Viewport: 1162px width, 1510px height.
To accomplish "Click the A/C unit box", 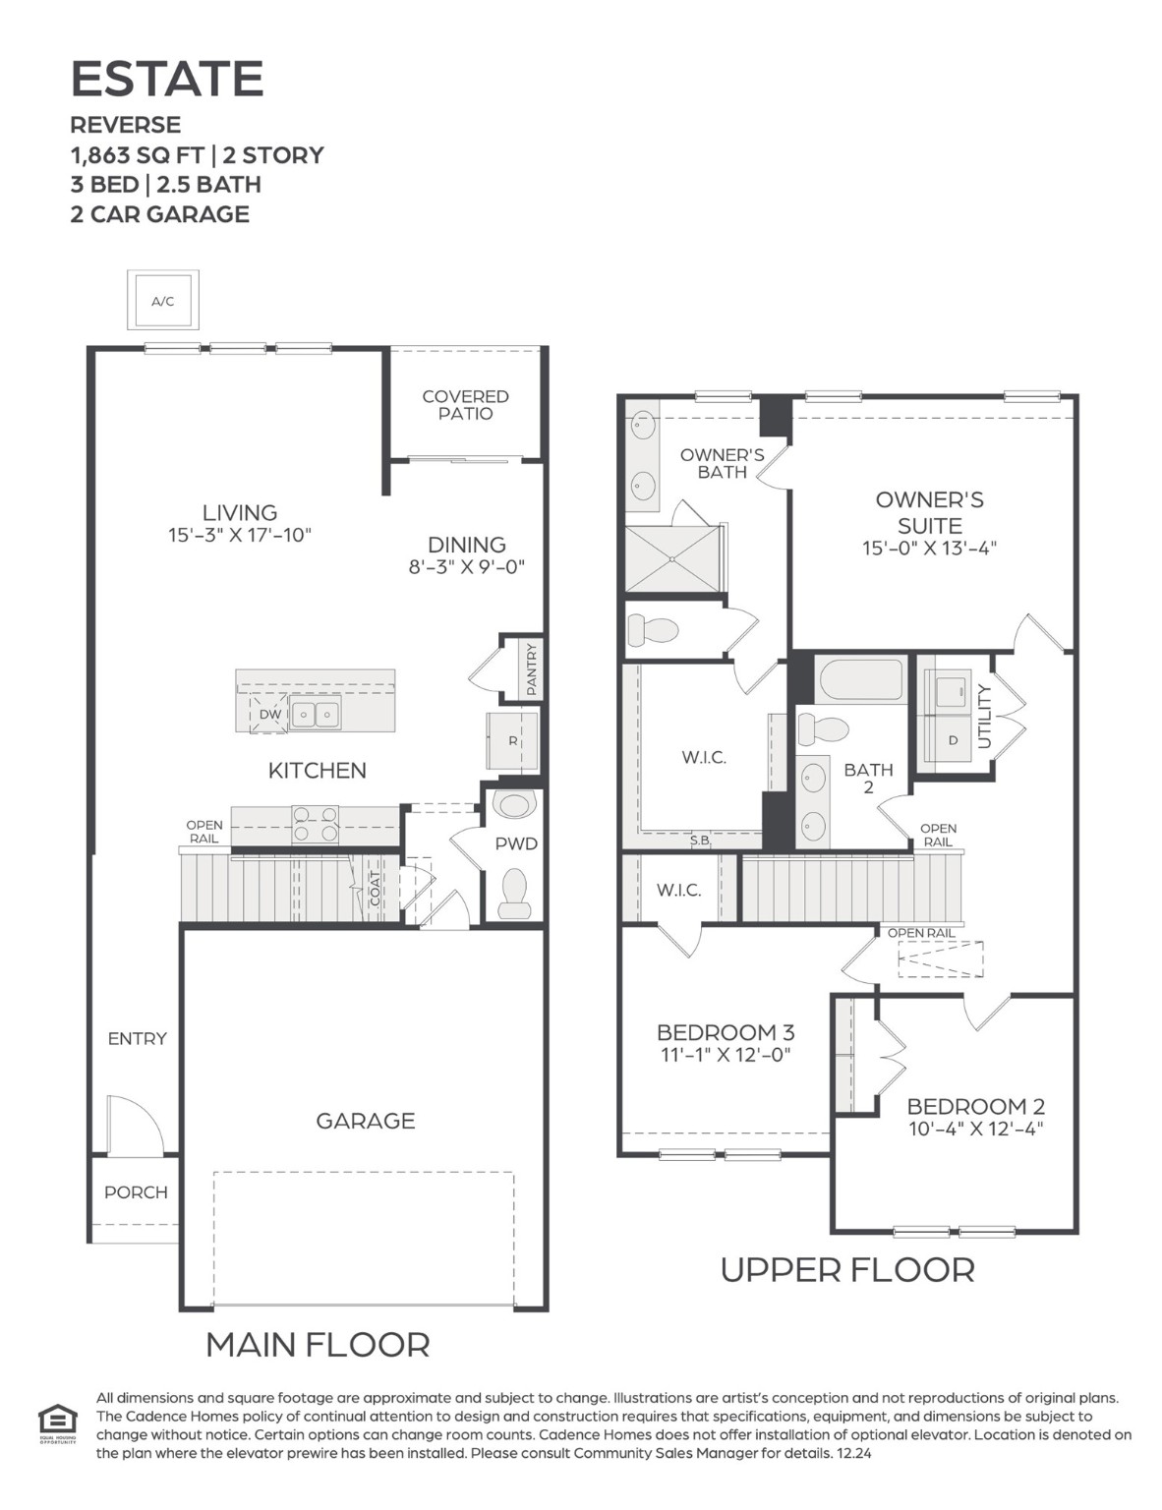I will coord(163,301).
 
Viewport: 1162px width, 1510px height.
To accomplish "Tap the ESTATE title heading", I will coord(167,79).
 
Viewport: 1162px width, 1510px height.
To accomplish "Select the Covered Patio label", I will coord(465,405).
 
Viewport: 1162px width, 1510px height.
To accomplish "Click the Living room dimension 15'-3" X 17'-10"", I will coord(240,536).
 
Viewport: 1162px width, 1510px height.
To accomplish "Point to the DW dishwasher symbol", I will coord(268,715).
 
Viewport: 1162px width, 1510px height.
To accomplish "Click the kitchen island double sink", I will coord(316,715).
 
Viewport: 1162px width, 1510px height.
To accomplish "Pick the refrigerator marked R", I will coord(512,741).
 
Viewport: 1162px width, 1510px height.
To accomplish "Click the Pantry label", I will coord(532,668).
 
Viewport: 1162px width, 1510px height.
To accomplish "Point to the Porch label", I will coord(136,1192).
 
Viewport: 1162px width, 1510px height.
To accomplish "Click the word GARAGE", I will coord(365,1121).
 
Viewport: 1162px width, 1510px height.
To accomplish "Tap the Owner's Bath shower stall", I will coord(672,558).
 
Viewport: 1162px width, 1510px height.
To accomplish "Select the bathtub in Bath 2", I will coord(860,680).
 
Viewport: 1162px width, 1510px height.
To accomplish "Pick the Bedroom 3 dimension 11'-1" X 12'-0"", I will coord(726,1056).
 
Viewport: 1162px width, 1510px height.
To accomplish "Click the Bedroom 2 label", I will coord(975,1106).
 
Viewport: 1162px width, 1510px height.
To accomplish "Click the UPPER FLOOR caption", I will coord(847,1270).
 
